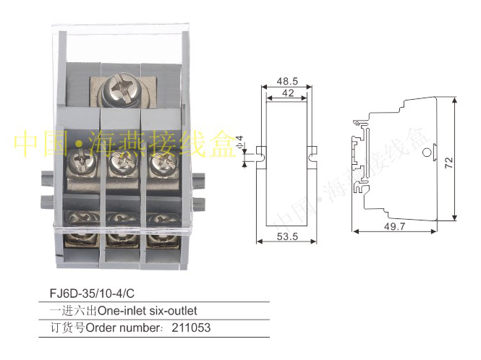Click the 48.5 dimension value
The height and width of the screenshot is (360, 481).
[x=287, y=81]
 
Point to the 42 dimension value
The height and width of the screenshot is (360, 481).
[x=288, y=93]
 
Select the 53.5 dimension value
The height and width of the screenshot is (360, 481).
[x=287, y=236]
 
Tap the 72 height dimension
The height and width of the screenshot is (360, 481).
[x=448, y=162]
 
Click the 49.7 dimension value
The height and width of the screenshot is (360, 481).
[x=394, y=226]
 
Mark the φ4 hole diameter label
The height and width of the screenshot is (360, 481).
[x=239, y=142]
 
